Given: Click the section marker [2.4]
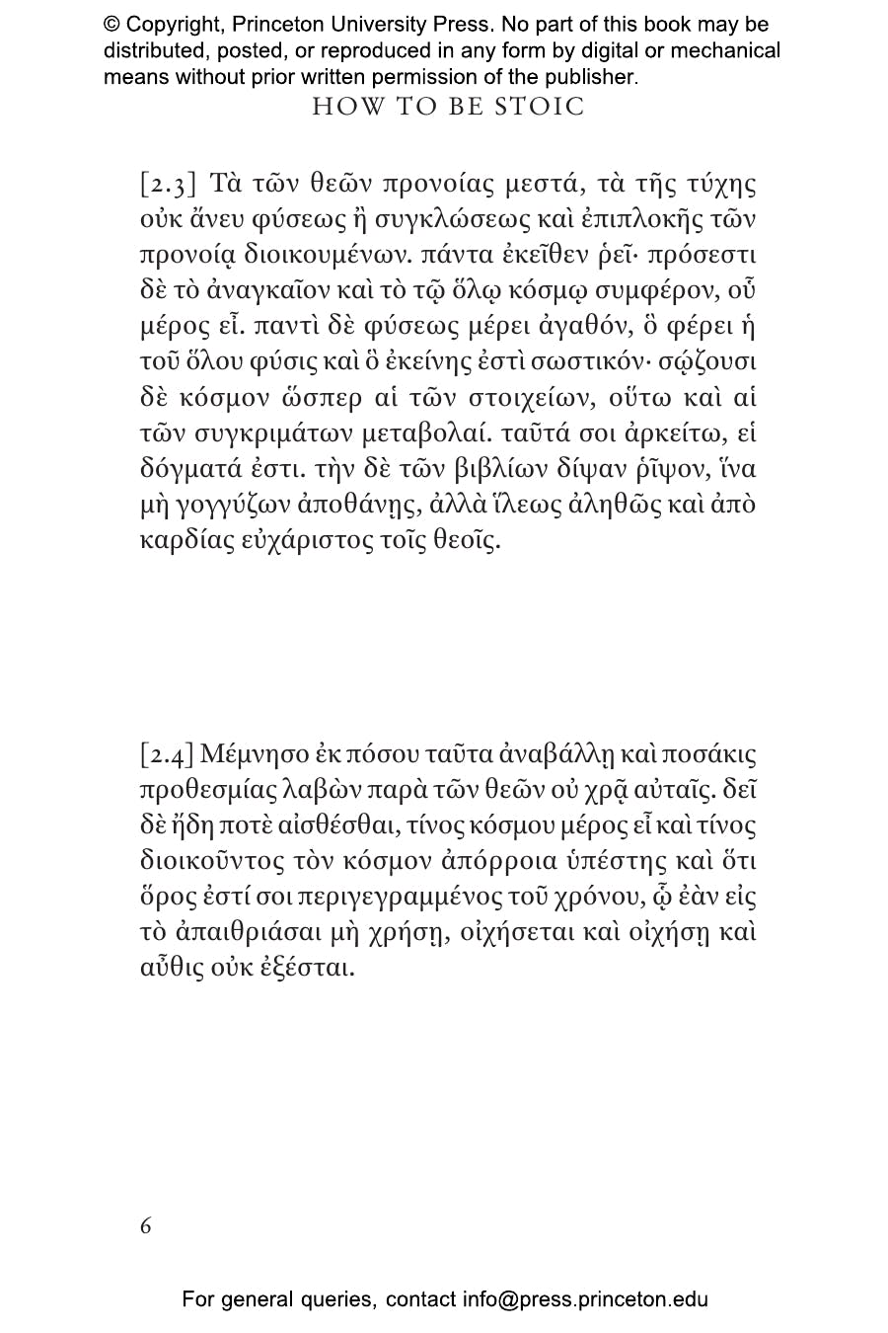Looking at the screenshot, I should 167,755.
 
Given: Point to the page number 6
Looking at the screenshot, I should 146,1226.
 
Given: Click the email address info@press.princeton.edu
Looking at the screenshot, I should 585,1299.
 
